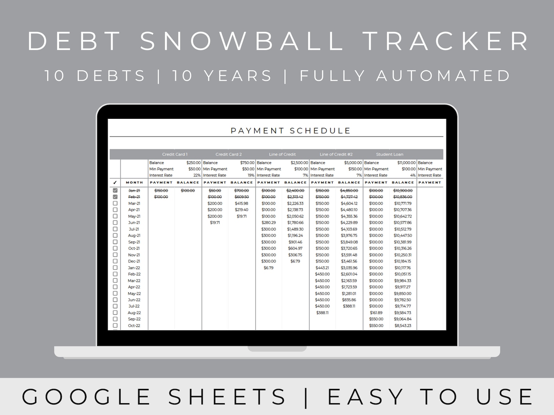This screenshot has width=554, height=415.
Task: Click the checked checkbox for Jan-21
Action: click(x=115, y=191)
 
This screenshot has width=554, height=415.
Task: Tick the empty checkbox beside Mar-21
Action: click(x=115, y=203)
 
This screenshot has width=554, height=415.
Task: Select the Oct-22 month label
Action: click(x=134, y=325)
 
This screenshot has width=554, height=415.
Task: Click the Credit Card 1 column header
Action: click(x=175, y=154)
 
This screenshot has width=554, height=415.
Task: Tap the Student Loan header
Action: click(x=390, y=154)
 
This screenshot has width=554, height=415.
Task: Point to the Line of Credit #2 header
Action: click(x=336, y=154)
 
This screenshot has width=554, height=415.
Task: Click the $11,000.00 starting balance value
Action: click(x=406, y=163)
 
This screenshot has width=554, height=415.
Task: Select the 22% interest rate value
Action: click(x=197, y=175)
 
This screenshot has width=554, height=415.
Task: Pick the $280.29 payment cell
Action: click(x=269, y=223)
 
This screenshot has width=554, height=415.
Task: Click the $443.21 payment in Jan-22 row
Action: click(x=322, y=268)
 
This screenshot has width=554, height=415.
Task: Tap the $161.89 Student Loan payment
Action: click(x=376, y=313)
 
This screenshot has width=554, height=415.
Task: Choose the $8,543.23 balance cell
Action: click(x=403, y=325)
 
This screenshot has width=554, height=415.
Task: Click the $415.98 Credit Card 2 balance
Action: click(x=241, y=203)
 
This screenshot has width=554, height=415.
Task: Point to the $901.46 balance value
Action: click(x=295, y=242)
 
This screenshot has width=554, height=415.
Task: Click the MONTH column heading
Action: click(x=135, y=183)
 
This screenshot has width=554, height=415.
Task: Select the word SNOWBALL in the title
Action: click(x=242, y=41)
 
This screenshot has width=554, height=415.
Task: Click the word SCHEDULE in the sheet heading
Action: click(x=320, y=131)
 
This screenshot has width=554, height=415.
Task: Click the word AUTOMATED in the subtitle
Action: click(x=443, y=76)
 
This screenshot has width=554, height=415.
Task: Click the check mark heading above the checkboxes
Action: click(x=115, y=183)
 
